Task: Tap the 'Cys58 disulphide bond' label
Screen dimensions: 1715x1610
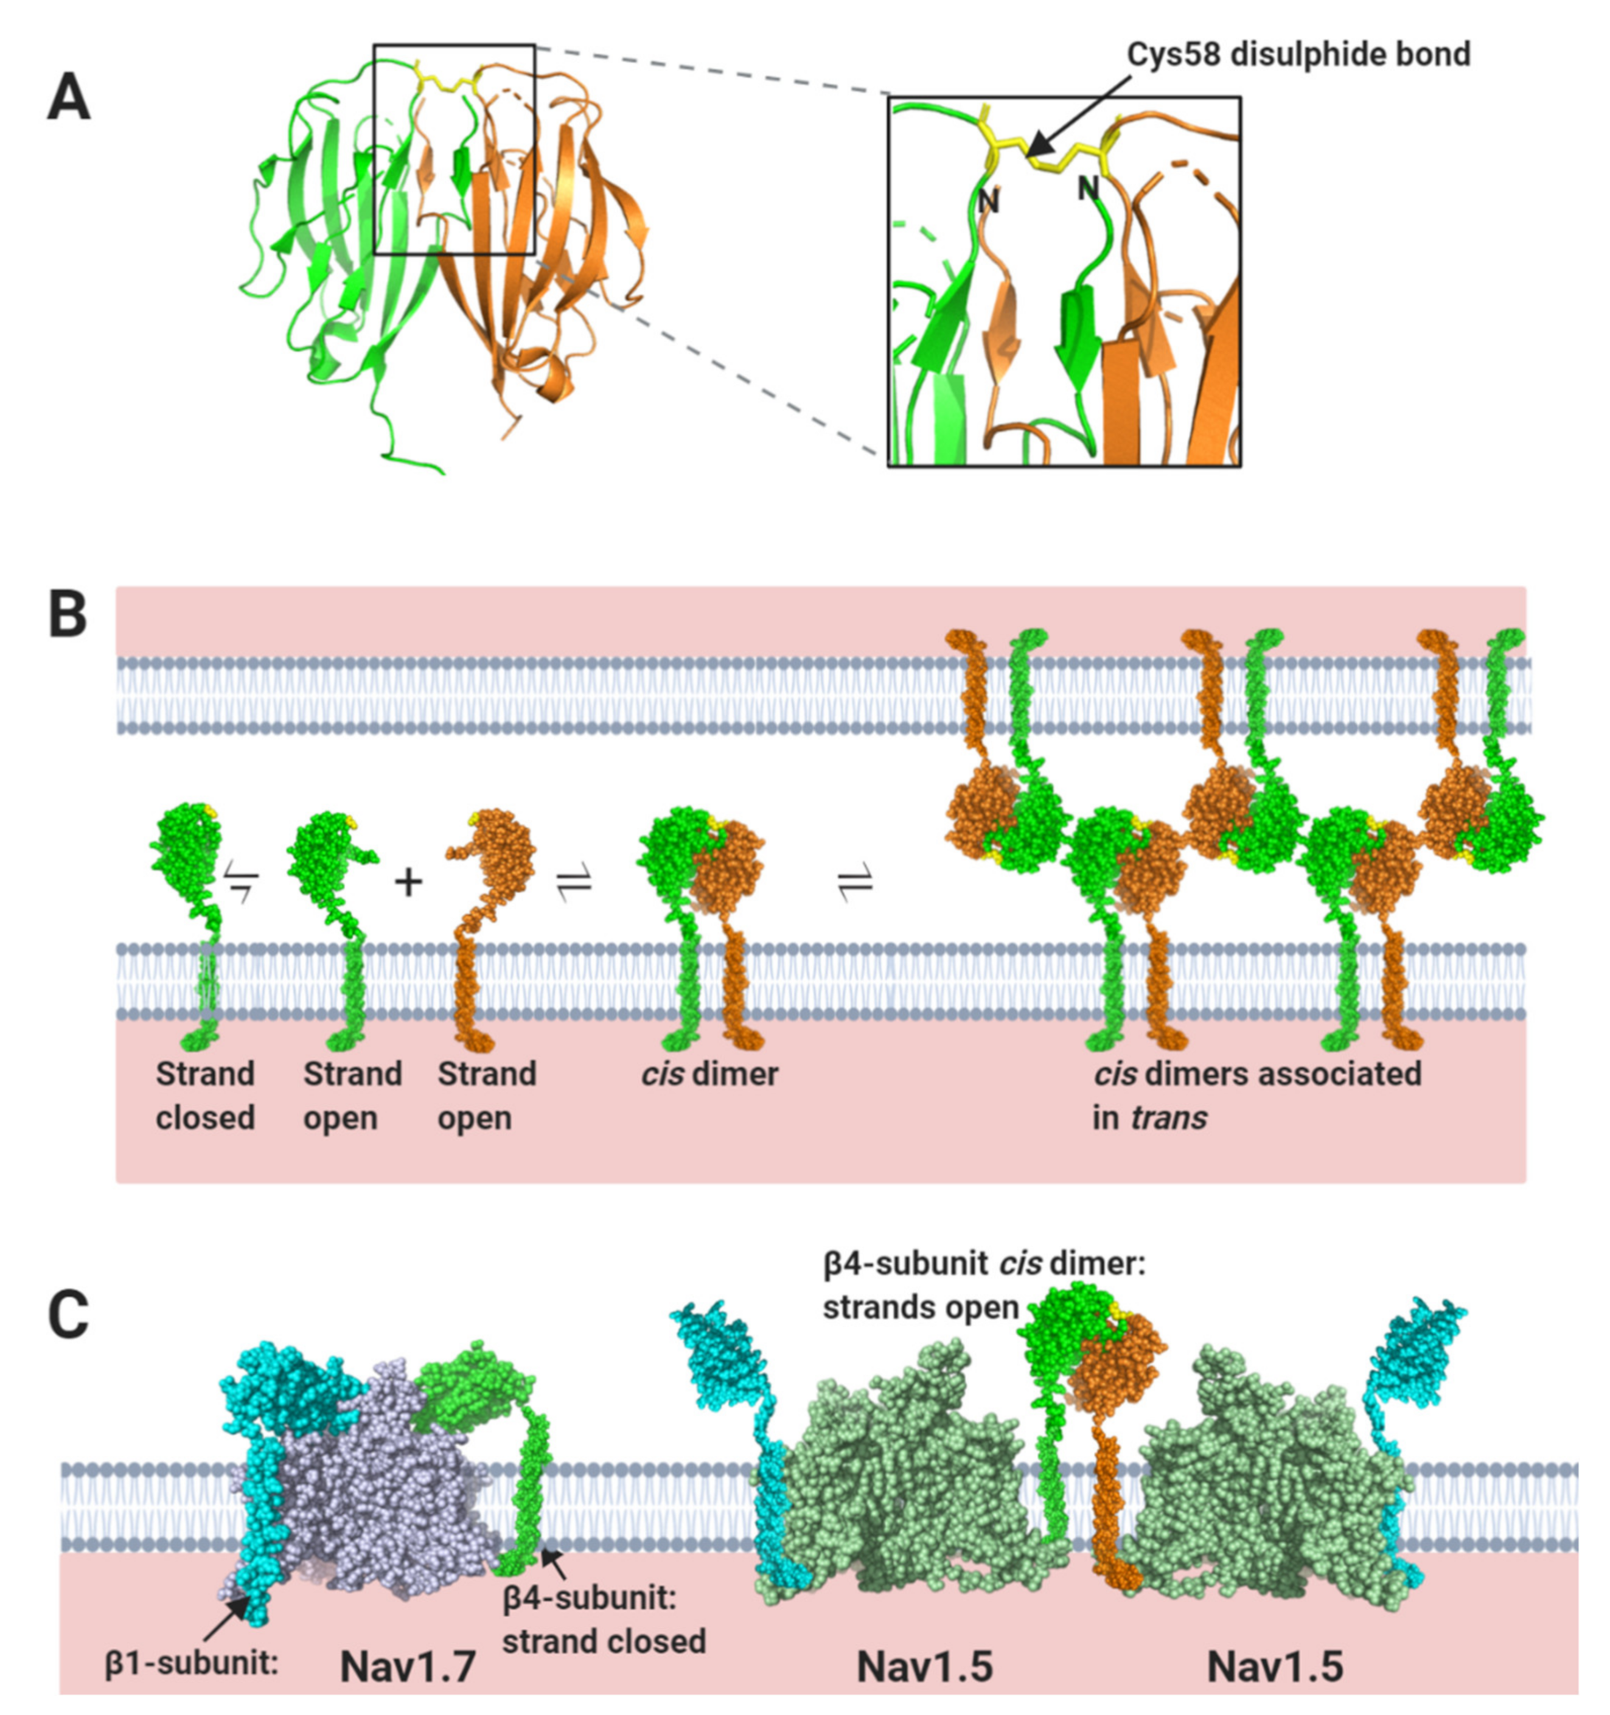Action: (x=1298, y=55)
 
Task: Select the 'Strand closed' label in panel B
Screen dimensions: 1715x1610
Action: (x=206, y=1096)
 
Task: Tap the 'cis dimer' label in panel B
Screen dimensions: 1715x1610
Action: (x=709, y=1075)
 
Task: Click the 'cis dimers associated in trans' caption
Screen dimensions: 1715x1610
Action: (x=1256, y=1096)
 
